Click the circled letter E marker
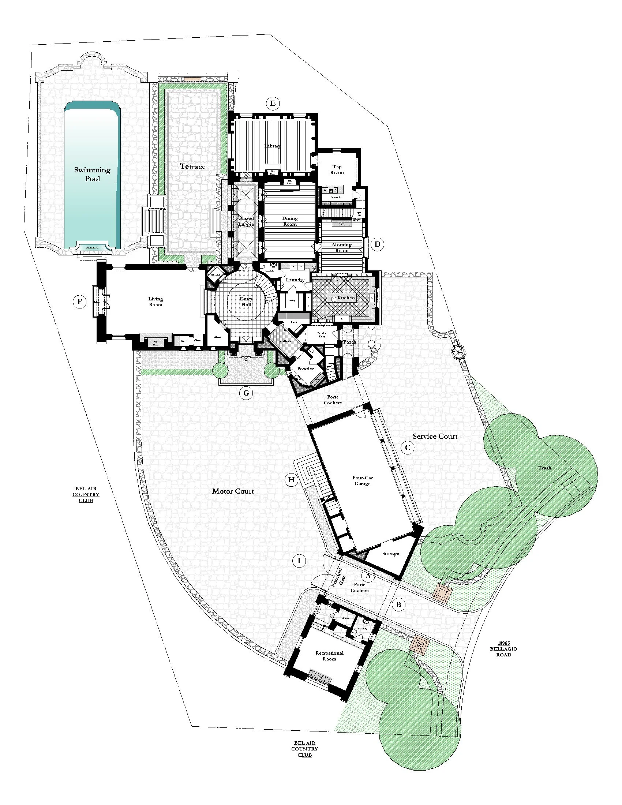(x=272, y=103)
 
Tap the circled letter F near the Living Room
(x=79, y=302)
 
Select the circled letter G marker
(x=246, y=393)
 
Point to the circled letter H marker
(x=291, y=480)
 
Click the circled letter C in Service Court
(x=408, y=448)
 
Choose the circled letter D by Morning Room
(x=377, y=244)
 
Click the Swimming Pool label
(x=92, y=174)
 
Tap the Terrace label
(x=193, y=166)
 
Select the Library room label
(x=273, y=146)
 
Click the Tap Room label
(x=337, y=169)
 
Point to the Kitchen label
(x=346, y=297)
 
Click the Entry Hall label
(x=246, y=302)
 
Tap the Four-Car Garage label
(x=363, y=481)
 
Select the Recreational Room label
(x=329, y=656)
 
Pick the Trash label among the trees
(x=545, y=468)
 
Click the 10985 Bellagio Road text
(x=503, y=649)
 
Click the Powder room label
(x=306, y=368)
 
